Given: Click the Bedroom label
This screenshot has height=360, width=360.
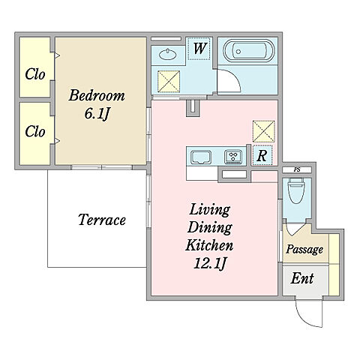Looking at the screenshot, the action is pos(97,95).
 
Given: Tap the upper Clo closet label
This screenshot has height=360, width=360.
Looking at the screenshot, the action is pos(35,74).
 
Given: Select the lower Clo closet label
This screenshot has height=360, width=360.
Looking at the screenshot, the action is pos(35,131).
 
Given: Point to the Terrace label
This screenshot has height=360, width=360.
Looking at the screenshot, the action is pos(102,220).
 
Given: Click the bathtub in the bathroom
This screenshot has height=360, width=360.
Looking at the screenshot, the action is pos(248,51).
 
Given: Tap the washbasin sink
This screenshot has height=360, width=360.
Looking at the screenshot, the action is pos(167,54).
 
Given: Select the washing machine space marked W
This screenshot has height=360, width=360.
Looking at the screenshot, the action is pos(199,49).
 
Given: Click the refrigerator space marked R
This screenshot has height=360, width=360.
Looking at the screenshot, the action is pos(262,155).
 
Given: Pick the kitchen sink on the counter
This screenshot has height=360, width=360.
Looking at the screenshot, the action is pos(201,157).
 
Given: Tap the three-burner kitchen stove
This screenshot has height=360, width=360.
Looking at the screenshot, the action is pos(233,157).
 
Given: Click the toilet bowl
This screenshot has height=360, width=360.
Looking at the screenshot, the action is pos(296,191).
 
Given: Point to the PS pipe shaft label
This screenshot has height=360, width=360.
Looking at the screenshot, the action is pos(297,169).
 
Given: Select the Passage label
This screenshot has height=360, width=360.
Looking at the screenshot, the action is pos(304,249).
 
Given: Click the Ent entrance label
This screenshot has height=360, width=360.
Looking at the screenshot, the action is pos(302,278).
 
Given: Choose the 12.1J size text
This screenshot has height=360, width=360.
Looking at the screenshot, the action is pos(210,263).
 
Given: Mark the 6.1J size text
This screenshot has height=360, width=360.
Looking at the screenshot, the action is pos(97,114).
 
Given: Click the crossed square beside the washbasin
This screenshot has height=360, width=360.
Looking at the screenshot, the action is pos(169,81).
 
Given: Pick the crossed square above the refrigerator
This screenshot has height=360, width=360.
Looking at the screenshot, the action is pos(264,131).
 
